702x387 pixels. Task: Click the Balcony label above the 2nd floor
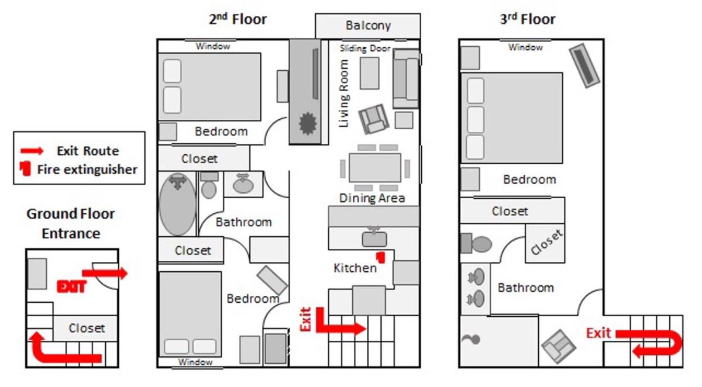pyautogui.click(x=368, y=26)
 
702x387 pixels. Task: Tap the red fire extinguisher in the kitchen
pyautogui.click(x=381, y=257)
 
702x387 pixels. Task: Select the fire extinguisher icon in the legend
pyautogui.click(x=25, y=168)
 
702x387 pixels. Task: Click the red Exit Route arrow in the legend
pyautogui.click(x=32, y=151)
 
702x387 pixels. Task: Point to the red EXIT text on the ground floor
pyautogui.click(x=71, y=286)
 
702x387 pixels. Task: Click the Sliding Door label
pyautogui.click(x=365, y=49)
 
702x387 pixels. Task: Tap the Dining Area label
pyautogui.click(x=372, y=198)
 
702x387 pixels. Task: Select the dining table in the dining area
pyautogui.click(x=375, y=168)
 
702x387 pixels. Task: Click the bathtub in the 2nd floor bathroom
pyautogui.click(x=177, y=204)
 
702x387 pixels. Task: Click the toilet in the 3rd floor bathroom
pyautogui.click(x=476, y=243)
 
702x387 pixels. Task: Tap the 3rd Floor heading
pyautogui.click(x=528, y=19)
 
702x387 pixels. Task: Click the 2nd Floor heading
pyautogui.click(x=238, y=19)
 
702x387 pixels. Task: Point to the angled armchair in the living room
pyautogui.click(x=374, y=119)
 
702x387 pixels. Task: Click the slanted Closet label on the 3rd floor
pyautogui.click(x=546, y=242)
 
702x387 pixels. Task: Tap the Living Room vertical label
pyautogui.click(x=344, y=94)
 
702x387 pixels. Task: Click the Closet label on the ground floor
pyautogui.click(x=87, y=328)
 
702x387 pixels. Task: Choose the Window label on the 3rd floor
pyautogui.click(x=525, y=47)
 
